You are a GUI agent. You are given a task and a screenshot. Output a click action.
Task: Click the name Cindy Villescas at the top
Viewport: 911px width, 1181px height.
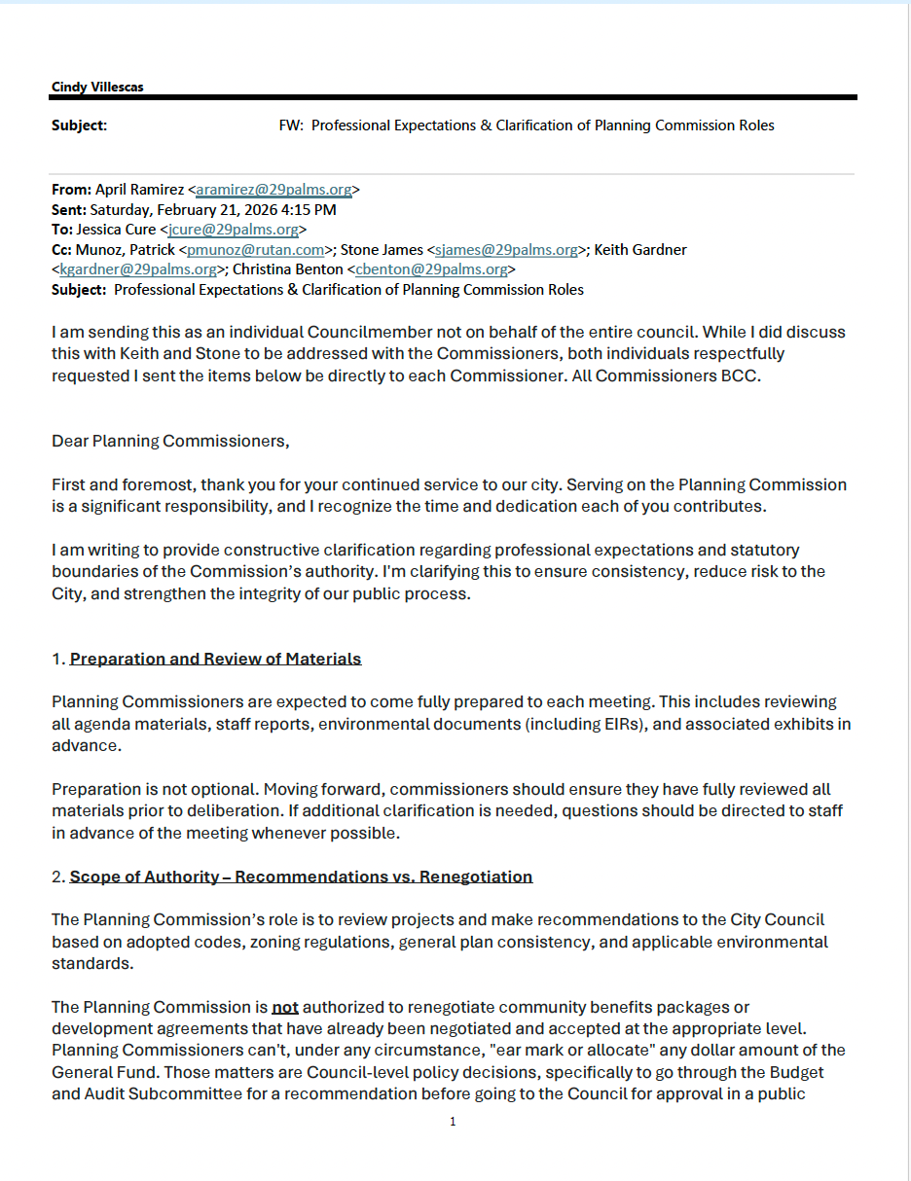click(97, 87)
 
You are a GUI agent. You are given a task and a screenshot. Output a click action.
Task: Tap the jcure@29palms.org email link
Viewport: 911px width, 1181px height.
click(233, 230)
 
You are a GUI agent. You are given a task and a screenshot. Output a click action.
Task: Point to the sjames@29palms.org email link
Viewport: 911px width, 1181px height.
click(506, 250)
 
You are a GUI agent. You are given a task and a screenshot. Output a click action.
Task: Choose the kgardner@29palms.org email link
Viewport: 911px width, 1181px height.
click(138, 269)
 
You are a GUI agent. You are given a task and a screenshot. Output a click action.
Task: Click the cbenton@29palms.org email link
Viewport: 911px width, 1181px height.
click(431, 269)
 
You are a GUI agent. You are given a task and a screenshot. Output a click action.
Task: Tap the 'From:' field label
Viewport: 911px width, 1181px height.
click(71, 190)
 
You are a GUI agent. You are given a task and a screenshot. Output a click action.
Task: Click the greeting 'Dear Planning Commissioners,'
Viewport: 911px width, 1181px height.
click(170, 441)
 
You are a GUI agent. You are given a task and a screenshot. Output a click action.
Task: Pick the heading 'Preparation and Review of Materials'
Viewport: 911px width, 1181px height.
click(215, 659)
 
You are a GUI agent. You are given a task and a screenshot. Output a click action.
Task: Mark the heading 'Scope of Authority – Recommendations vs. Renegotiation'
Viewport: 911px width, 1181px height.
click(301, 877)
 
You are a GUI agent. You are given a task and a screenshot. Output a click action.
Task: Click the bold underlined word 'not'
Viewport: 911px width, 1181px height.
click(285, 1008)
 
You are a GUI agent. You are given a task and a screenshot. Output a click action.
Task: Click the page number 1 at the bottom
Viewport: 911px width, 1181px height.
click(453, 1122)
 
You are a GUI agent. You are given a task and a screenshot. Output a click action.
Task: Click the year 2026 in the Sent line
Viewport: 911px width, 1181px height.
click(256, 210)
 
